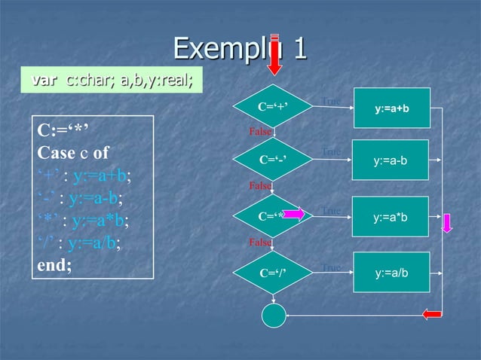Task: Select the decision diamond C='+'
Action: pos(273,107)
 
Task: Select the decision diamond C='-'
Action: pos(273,160)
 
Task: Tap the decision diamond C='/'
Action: pos(273,273)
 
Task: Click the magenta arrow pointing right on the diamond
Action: pos(294,216)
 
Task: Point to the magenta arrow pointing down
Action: pos(446,224)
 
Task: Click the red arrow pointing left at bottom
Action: pos(432,314)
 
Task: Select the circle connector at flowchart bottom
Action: pos(274,316)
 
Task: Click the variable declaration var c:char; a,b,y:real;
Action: pos(112,81)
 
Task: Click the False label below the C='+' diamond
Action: pos(260,132)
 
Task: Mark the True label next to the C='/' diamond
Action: pos(331,267)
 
